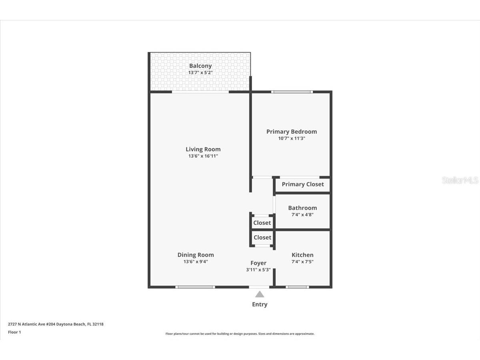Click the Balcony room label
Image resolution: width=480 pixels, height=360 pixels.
200,66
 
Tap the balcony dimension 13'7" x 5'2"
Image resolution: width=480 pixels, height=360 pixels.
200,73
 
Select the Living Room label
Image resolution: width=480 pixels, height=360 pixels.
203,149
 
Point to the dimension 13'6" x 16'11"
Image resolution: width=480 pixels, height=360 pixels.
203,156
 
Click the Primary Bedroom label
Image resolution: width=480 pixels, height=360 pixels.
292,132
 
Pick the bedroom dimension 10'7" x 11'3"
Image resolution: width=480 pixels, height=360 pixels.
292,138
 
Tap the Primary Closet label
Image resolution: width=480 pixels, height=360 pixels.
303,184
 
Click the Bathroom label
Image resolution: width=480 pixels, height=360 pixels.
302,208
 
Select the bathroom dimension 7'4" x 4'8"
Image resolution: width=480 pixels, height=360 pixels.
302,214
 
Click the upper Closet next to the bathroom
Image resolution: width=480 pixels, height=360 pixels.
262,223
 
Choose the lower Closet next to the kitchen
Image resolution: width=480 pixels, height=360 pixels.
262,238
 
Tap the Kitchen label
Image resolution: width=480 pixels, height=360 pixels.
302,255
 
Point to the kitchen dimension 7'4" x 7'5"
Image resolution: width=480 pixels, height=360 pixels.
302,262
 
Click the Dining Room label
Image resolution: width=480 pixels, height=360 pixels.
196,255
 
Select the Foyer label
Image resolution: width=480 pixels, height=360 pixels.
258,263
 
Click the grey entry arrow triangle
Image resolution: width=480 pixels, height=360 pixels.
260,295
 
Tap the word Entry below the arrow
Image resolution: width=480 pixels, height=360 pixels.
260,304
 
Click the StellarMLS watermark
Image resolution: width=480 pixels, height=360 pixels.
460,180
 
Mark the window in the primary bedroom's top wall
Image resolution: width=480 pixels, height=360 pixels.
292,92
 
